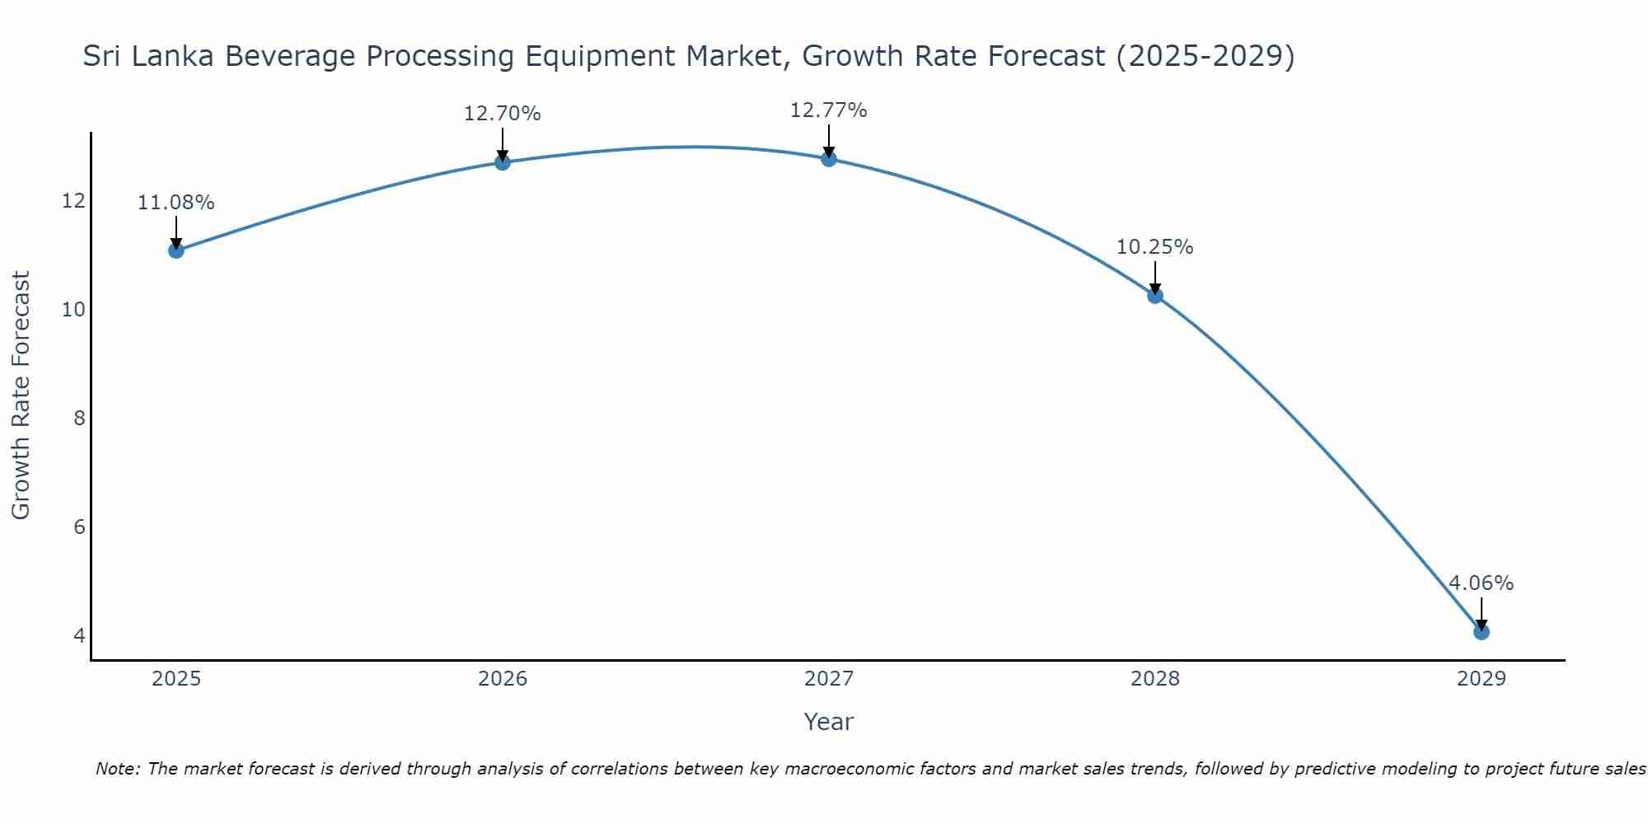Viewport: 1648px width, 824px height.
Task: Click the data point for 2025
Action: [176, 250]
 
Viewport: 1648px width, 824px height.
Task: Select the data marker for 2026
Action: [503, 162]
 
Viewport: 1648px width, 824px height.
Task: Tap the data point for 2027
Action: [829, 159]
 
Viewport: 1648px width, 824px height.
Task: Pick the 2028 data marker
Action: [1155, 296]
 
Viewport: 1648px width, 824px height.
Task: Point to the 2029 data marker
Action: [1482, 632]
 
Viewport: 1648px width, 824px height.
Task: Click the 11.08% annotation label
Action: [176, 203]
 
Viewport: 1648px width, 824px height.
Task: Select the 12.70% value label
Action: [503, 114]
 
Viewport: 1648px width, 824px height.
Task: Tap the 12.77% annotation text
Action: [829, 110]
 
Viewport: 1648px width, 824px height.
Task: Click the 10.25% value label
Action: [1155, 247]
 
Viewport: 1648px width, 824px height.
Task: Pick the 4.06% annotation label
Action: [1482, 583]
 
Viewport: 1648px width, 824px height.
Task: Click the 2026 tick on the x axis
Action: [503, 679]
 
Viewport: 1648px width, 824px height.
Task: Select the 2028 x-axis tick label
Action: [1155, 679]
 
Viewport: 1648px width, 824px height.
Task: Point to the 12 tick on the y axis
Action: [74, 201]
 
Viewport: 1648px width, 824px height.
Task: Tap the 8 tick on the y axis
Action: [80, 419]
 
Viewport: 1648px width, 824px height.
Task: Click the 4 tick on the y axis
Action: [80, 635]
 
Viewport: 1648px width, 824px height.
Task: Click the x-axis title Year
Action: [829, 722]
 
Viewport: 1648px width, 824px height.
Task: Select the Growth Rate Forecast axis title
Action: [21, 396]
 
